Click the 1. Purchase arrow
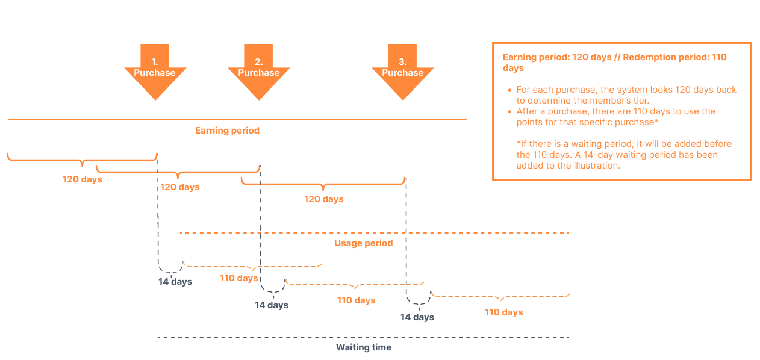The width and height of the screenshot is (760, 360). pos(155,72)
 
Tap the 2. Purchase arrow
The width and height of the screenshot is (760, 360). pos(258,72)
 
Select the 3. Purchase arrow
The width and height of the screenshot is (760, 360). pos(403,72)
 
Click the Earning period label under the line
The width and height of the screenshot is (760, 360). pos(227,131)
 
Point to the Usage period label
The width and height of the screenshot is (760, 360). pos(363,243)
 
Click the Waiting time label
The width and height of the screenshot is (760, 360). pos(363,347)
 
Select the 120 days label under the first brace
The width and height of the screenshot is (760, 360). pos(82,179)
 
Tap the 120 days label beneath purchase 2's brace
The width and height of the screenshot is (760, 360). pos(180,187)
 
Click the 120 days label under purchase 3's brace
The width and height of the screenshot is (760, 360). pos(323,199)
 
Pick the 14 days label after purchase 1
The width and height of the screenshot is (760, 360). pos(175,282)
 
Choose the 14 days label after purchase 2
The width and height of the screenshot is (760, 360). pos(272,305)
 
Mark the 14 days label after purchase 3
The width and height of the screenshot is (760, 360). pos(417,317)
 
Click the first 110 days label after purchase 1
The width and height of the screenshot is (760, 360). pos(239,278)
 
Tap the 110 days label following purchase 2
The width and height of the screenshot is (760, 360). pos(357,300)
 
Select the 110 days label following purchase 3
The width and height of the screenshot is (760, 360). pos(503,312)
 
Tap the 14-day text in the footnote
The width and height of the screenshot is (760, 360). pos(597,155)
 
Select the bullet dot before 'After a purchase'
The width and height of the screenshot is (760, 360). pos(509,111)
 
